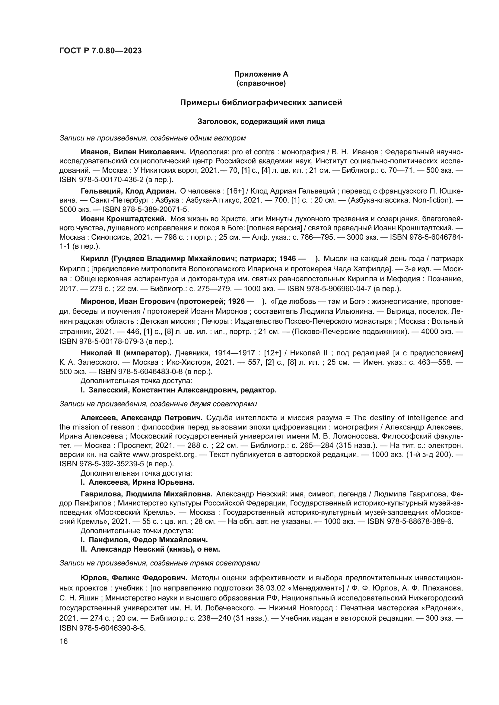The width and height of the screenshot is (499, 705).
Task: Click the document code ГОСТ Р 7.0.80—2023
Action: (100, 51)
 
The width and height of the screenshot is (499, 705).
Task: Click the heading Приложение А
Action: (261, 74)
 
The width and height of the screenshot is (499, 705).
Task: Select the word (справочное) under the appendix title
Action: (261, 83)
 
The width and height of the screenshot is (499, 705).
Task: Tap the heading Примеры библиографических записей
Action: (261, 102)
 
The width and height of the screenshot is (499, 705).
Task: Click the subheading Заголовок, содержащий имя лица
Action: (261, 121)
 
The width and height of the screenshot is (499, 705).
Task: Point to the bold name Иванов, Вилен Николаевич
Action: (133, 152)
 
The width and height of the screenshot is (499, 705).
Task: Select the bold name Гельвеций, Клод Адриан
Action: (128, 191)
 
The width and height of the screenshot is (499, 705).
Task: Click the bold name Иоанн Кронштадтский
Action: (123, 219)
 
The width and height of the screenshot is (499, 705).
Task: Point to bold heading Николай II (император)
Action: (126, 353)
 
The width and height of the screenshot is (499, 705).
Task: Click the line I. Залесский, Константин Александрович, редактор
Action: (179, 390)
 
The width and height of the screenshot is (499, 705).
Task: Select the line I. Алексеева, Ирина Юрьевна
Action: (137, 482)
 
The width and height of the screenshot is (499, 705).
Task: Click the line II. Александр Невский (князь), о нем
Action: (150, 549)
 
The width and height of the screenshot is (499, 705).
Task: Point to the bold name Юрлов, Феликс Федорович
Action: (134, 578)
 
